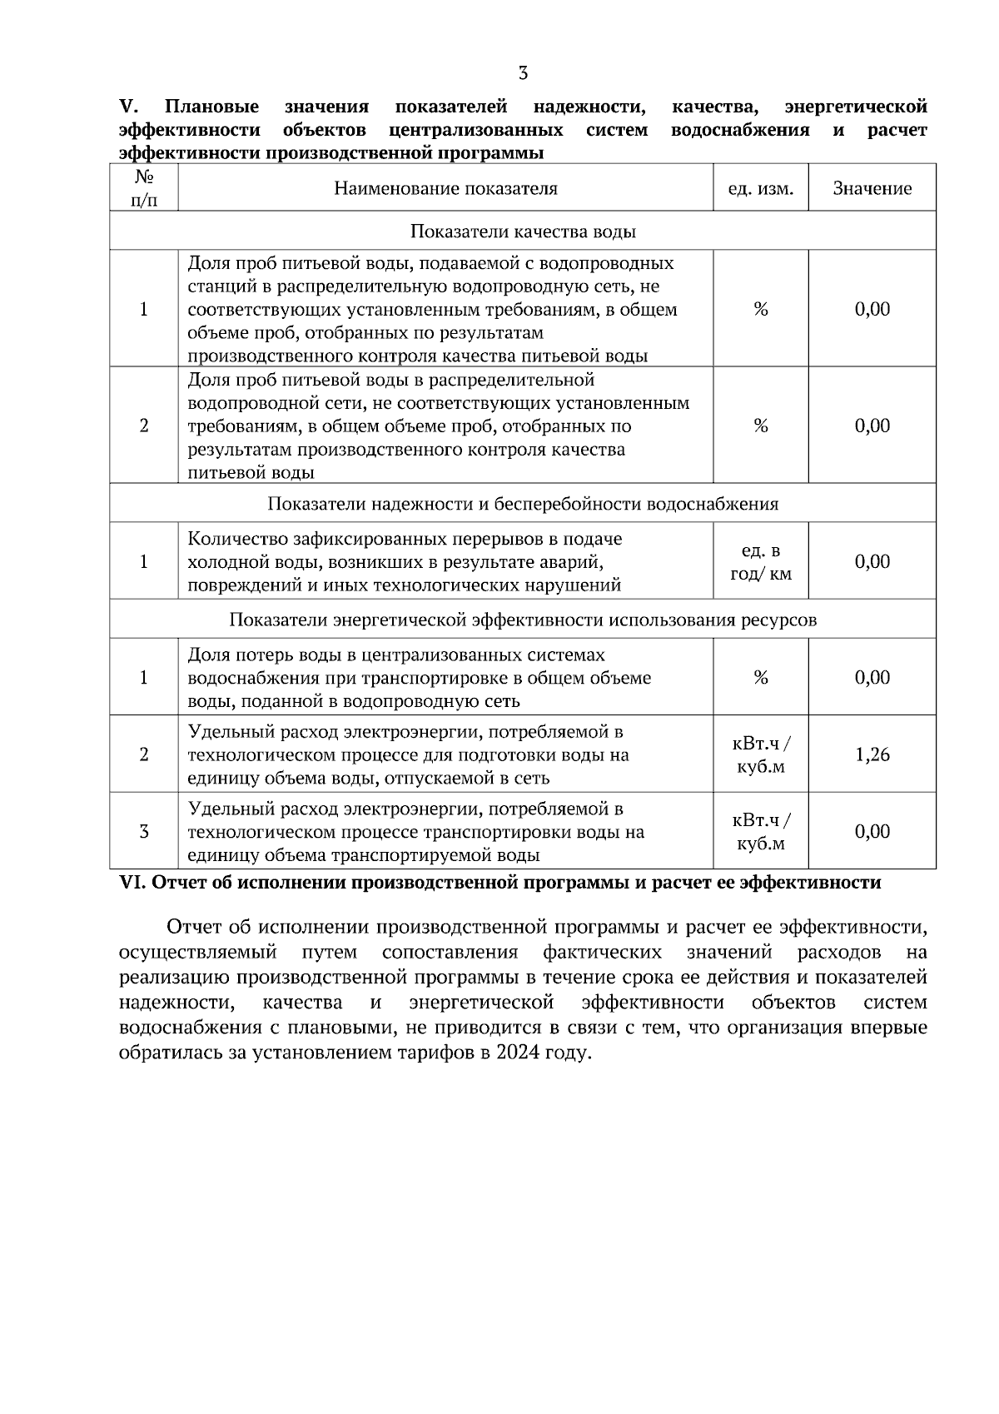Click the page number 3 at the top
(x=523, y=73)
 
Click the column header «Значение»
(x=872, y=188)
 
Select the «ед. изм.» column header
(x=760, y=188)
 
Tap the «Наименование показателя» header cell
(x=445, y=188)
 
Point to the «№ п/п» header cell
(x=143, y=188)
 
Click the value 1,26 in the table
(x=872, y=754)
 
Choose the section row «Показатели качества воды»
(x=523, y=232)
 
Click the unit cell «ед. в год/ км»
(x=760, y=562)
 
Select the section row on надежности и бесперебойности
(x=523, y=504)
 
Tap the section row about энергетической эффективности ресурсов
(x=523, y=620)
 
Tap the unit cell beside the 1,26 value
(x=760, y=754)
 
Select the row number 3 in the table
(x=143, y=831)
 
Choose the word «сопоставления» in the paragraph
(x=450, y=952)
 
